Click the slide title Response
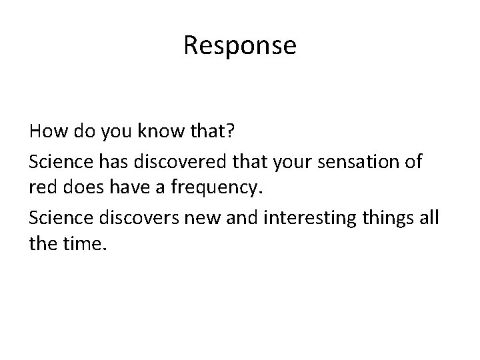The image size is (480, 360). (x=240, y=45)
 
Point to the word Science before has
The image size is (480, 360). (x=59, y=162)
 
